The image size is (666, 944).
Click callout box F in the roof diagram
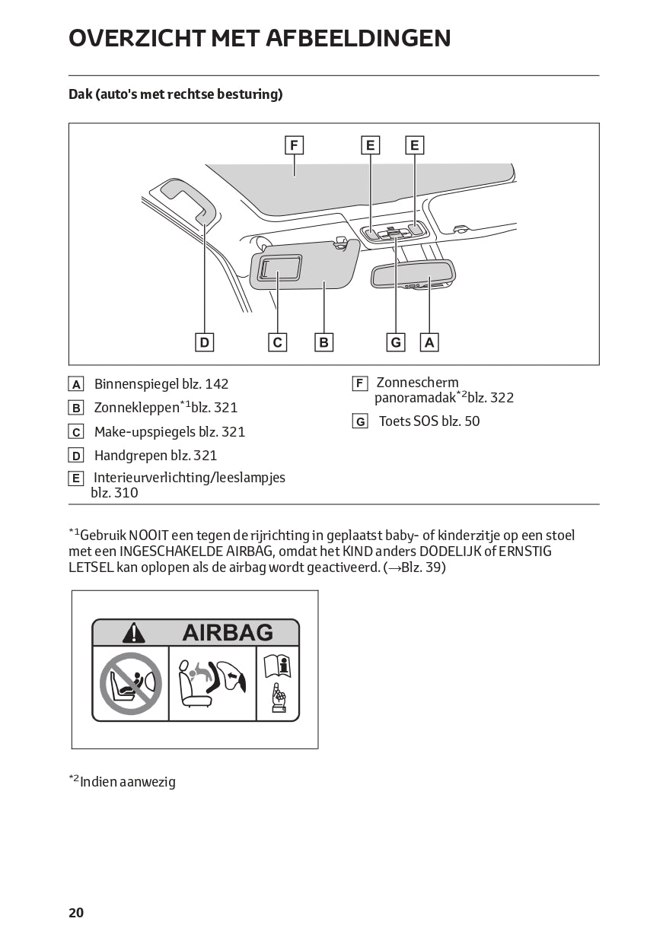coord(294,145)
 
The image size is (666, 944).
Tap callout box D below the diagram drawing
coord(204,342)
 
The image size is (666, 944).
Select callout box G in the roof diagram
coord(396,342)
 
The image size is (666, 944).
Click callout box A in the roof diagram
coord(429,342)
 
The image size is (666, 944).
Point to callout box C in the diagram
coord(278,342)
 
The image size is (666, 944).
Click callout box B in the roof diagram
coord(323,342)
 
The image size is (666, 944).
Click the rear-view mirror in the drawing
coord(413,274)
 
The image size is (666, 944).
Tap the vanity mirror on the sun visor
coord(279,268)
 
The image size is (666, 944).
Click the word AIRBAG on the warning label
coord(228,633)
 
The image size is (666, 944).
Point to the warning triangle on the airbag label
coord(134,633)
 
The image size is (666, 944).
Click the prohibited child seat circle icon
coord(131,682)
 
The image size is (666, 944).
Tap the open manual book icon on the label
coord(278,666)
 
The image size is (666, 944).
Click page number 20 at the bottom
coord(76,913)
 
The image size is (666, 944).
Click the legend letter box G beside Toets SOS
coord(360,421)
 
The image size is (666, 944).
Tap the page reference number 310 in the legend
coord(126,492)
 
